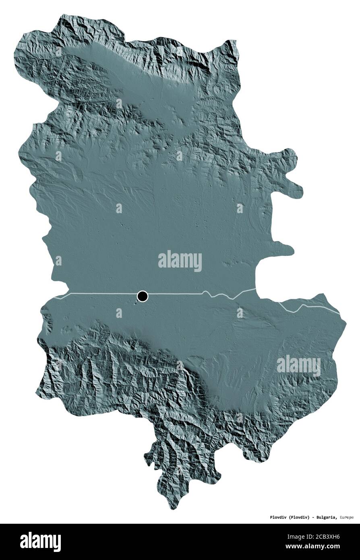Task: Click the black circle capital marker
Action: coord(142,297)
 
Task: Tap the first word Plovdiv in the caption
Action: coord(267,517)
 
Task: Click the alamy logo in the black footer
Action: coord(40,542)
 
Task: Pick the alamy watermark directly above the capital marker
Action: coord(180,261)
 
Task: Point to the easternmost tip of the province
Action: coord(346,322)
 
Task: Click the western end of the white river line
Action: coord(56,299)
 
